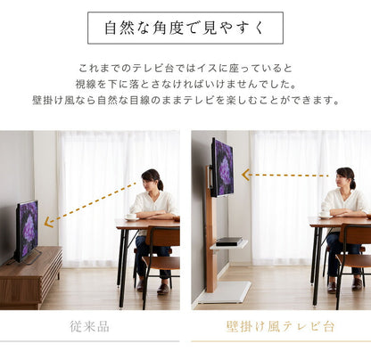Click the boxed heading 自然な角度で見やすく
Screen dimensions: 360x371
(185, 28)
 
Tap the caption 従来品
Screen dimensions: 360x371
(90, 326)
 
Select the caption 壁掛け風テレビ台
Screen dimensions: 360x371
(280, 326)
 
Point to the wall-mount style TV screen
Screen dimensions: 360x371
(222, 167)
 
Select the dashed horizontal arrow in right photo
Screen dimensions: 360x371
(281, 175)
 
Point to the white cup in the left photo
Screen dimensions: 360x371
(130, 216)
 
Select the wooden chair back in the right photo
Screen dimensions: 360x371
(354, 235)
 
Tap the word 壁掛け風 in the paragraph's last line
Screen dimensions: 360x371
(54, 100)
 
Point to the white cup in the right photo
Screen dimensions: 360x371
(326, 215)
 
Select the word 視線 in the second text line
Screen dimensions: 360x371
(87, 85)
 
